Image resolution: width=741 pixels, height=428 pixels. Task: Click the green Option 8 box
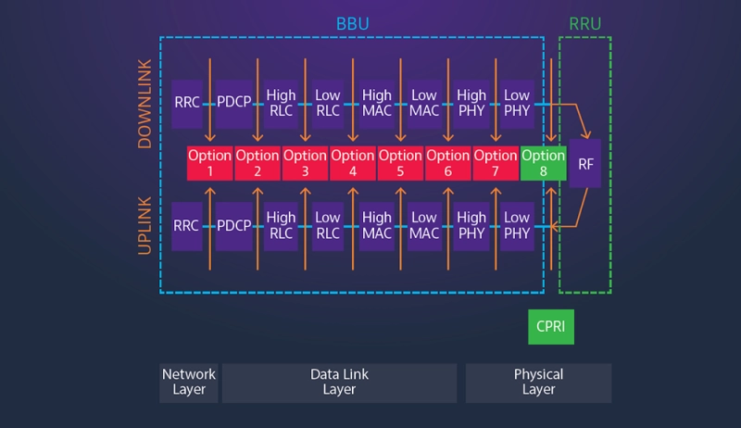pyautogui.click(x=543, y=163)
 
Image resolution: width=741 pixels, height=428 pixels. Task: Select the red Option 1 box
pyautogui.click(x=209, y=163)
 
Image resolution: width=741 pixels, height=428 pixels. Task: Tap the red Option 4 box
pyautogui.click(x=353, y=163)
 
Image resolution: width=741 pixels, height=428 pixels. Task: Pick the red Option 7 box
pyautogui.click(x=496, y=163)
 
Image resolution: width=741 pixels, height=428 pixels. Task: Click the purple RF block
pyautogui.click(x=585, y=163)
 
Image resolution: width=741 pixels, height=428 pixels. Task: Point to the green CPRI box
pyautogui.click(x=551, y=327)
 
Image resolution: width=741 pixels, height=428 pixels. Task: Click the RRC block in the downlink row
pyautogui.click(x=187, y=103)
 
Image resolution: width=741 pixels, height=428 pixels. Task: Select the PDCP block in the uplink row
pyautogui.click(x=234, y=225)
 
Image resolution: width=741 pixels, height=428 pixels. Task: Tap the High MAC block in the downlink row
pyautogui.click(x=377, y=103)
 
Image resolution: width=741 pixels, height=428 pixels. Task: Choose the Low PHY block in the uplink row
pyautogui.click(x=517, y=225)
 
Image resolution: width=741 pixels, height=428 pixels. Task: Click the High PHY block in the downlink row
pyautogui.click(x=471, y=103)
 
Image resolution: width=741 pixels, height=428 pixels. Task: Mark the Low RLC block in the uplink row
pyautogui.click(x=329, y=225)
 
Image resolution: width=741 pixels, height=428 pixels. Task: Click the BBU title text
pyautogui.click(x=351, y=22)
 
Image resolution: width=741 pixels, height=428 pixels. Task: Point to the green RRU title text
pyautogui.click(x=585, y=22)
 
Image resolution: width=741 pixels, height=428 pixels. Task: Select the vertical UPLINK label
pyautogui.click(x=144, y=225)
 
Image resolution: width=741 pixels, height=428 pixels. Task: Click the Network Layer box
pyautogui.click(x=189, y=383)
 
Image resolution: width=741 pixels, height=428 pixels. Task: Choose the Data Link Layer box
pyautogui.click(x=339, y=383)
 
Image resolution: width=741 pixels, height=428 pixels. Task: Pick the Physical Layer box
pyautogui.click(x=538, y=383)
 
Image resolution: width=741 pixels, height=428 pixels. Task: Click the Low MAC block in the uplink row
pyautogui.click(x=424, y=225)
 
